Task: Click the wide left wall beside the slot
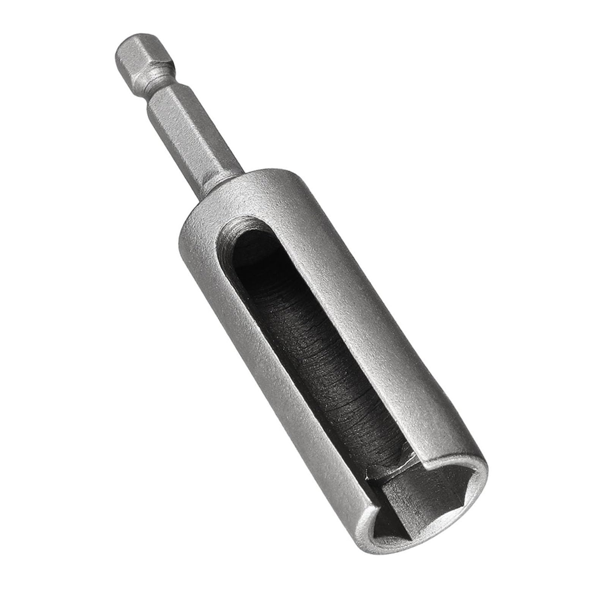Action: pyautogui.click(x=266, y=379)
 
